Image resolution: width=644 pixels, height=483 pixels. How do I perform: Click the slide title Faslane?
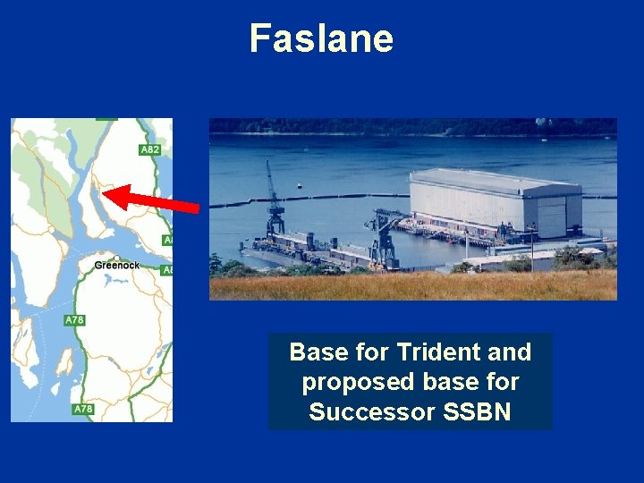[321, 38]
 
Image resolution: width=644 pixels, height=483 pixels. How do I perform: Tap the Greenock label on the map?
[116, 266]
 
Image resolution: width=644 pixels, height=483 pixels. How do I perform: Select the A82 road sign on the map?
[150, 149]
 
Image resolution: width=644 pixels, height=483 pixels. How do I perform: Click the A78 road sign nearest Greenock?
[74, 320]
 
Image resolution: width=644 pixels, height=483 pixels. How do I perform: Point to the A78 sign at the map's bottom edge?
[83, 409]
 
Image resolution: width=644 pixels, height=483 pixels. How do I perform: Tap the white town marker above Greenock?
[116, 258]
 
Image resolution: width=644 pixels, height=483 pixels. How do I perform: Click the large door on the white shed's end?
[551, 217]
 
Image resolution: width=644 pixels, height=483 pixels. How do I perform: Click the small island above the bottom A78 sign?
[64, 361]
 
